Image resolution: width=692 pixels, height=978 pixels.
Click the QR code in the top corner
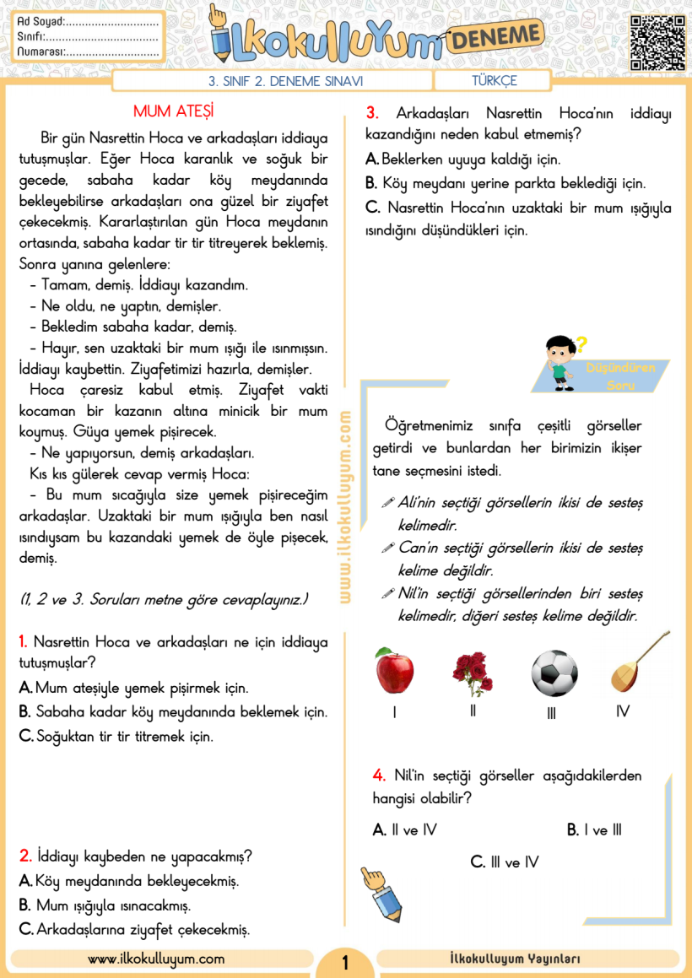click(657, 41)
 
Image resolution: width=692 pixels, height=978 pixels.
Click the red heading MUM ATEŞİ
click(173, 112)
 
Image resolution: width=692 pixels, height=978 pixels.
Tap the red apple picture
click(394, 672)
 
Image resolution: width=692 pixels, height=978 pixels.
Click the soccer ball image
click(554, 673)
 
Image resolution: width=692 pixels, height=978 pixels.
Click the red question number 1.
click(24, 642)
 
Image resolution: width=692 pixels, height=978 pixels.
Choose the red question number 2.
click(25, 856)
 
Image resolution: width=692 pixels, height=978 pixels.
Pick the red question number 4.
click(379, 775)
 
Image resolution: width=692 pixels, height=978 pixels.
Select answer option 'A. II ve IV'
click(405, 830)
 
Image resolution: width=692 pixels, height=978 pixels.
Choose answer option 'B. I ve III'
click(594, 830)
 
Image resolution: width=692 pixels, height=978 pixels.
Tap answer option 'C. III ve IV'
click(504, 862)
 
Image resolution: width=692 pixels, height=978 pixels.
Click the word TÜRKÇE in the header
click(495, 81)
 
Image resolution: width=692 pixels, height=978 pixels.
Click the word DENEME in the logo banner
click(494, 36)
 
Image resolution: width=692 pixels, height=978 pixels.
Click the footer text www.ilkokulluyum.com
click(156, 959)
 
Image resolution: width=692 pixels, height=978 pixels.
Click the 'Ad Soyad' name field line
click(111, 22)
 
